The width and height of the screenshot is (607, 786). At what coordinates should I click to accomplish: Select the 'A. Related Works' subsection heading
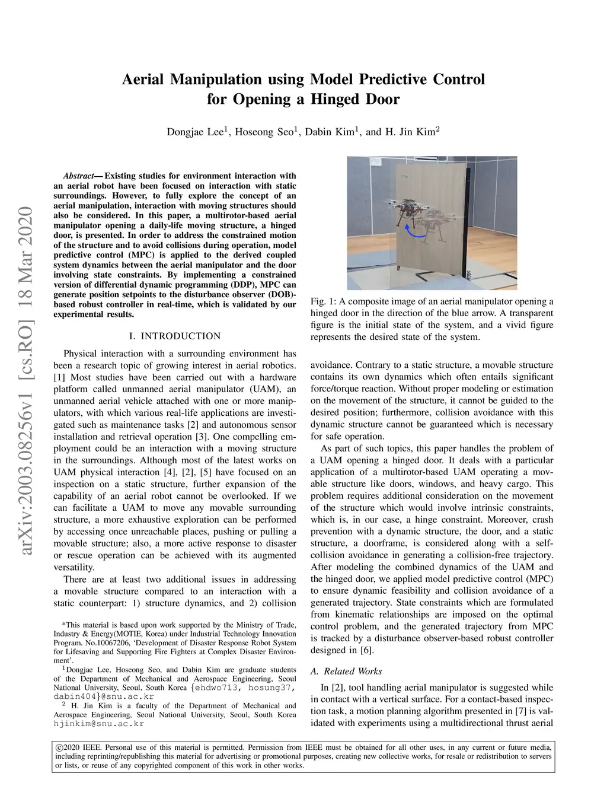pos(346,671)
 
